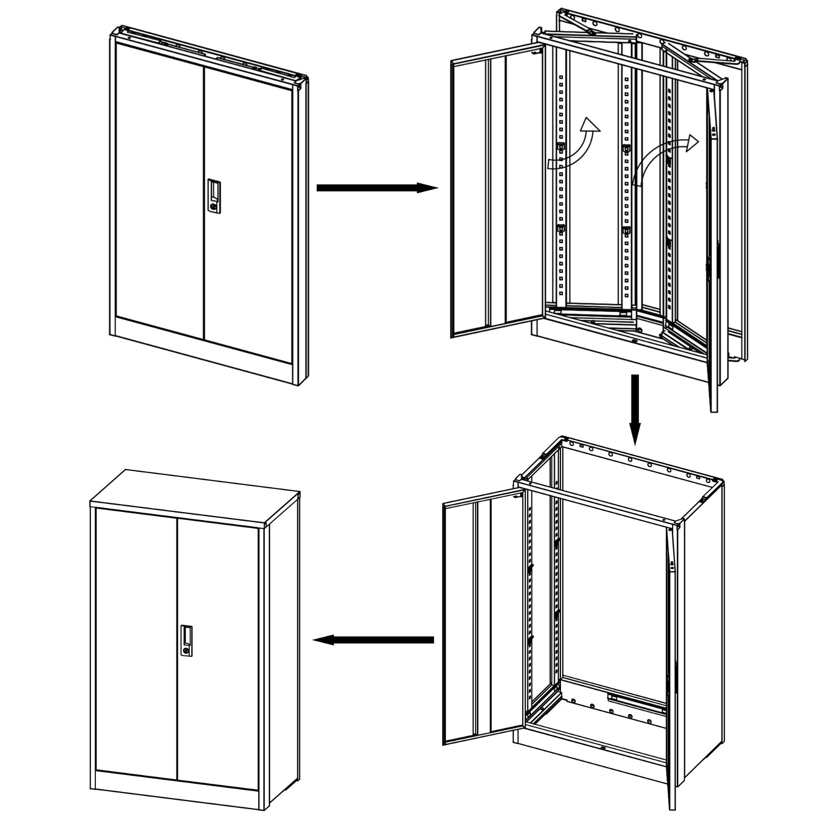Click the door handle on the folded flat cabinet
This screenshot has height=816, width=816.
click(214, 195)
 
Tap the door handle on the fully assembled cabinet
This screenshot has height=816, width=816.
click(188, 640)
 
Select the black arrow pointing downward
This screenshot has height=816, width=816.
click(634, 408)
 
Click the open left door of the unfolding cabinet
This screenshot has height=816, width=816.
click(495, 194)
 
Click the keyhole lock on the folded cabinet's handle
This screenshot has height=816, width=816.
click(213, 207)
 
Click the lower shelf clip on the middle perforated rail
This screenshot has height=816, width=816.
click(626, 231)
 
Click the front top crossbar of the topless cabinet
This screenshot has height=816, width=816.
click(597, 502)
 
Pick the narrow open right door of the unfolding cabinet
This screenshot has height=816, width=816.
click(713, 255)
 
